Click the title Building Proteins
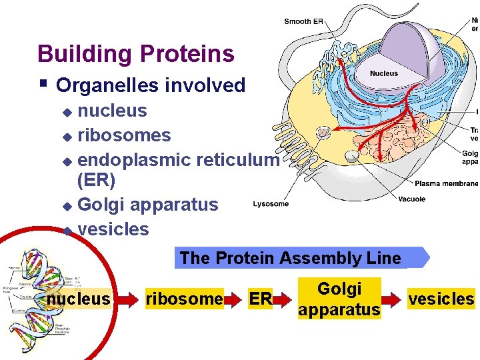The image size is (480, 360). click(x=136, y=53)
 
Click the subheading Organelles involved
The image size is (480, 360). click(x=151, y=85)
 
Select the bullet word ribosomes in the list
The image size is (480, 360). click(x=124, y=135)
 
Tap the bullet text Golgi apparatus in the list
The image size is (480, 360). click(x=147, y=205)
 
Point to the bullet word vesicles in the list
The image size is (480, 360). click(x=113, y=229)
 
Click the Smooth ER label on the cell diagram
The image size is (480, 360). click(x=303, y=21)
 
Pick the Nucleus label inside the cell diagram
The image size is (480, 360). click(x=383, y=73)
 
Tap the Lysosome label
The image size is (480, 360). click(x=271, y=204)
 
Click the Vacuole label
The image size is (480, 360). click(x=411, y=199)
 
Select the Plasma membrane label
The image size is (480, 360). click(x=445, y=183)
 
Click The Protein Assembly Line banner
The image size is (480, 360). click(x=291, y=258)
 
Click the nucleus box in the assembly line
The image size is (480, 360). click(x=78, y=299)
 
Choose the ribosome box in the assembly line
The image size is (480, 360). click(x=183, y=299)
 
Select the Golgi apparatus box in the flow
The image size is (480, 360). click(x=339, y=299)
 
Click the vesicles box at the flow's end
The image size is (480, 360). click(x=441, y=299)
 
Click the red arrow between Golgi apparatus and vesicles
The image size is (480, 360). click(x=394, y=299)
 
